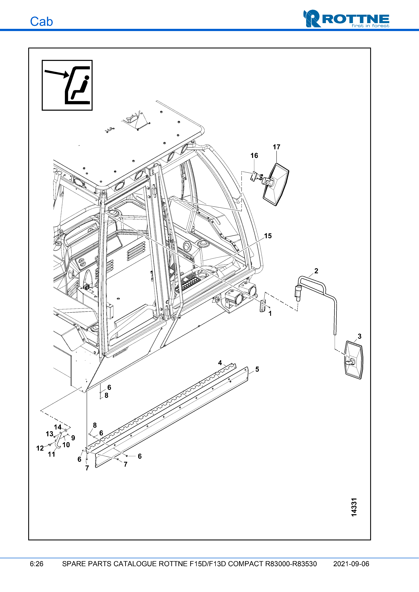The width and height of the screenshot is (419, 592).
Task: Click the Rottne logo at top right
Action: point(346,19)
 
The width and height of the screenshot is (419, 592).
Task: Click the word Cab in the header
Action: point(41,22)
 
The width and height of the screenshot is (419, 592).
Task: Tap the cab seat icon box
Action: point(67,85)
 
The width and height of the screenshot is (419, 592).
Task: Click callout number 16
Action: point(254,156)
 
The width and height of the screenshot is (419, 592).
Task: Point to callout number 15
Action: point(268,236)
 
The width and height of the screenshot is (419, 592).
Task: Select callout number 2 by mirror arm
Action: point(316,271)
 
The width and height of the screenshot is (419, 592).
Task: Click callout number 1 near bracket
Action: point(270,313)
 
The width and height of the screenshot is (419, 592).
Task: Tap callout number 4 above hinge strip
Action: point(220,363)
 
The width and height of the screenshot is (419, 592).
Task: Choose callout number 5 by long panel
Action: point(257,369)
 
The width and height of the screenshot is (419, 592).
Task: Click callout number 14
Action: point(58,427)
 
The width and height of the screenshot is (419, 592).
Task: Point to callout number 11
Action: point(51,454)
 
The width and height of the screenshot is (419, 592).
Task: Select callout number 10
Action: point(66,445)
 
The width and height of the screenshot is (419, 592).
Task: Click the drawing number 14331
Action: point(354,507)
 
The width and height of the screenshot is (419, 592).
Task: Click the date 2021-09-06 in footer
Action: point(351,564)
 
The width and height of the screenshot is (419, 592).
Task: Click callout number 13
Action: point(49,434)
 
